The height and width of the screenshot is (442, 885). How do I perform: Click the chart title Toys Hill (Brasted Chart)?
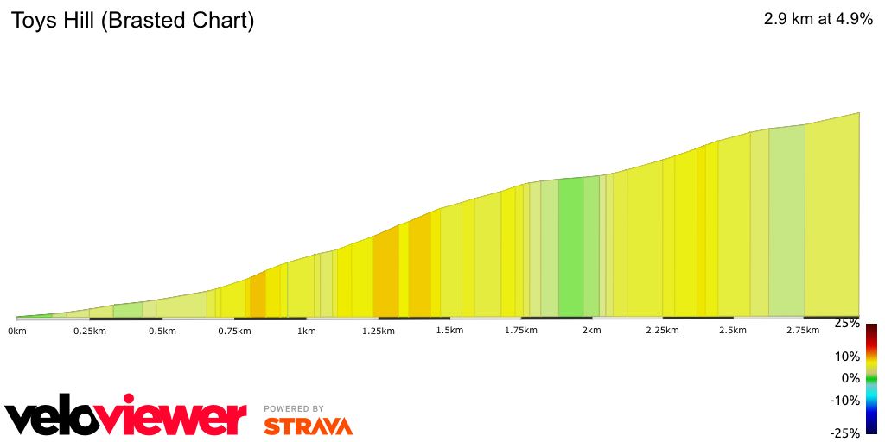point(132,21)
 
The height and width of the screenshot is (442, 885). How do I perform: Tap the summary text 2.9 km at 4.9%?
point(818,19)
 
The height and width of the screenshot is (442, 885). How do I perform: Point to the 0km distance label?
point(17,331)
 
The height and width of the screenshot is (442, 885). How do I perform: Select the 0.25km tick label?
point(89,331)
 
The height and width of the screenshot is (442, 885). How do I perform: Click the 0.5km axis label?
point(162,331)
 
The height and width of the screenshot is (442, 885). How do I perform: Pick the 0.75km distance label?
point(233,331)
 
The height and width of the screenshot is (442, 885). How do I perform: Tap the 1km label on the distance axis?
point(305,331)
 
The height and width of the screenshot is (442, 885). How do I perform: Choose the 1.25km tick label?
point(378,331)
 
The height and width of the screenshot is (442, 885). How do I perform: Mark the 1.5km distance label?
point(450,331)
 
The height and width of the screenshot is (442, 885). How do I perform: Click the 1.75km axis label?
point(521,331)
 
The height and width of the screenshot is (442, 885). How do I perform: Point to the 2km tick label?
point(592,331)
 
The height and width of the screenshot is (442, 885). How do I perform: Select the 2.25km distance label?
point(662,331)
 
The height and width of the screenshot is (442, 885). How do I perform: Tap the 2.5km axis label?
point(733,331)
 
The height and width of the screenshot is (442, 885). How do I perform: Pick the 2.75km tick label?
point(803,331)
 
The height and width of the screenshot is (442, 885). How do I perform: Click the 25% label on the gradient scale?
point(847,323)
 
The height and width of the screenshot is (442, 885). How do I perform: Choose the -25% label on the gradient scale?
point(844,433)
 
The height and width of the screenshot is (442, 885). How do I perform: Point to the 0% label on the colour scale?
point(850,378)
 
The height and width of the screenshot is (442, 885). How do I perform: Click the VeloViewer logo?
point(125,418)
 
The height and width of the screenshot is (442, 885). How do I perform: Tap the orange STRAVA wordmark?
point(308,426)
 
